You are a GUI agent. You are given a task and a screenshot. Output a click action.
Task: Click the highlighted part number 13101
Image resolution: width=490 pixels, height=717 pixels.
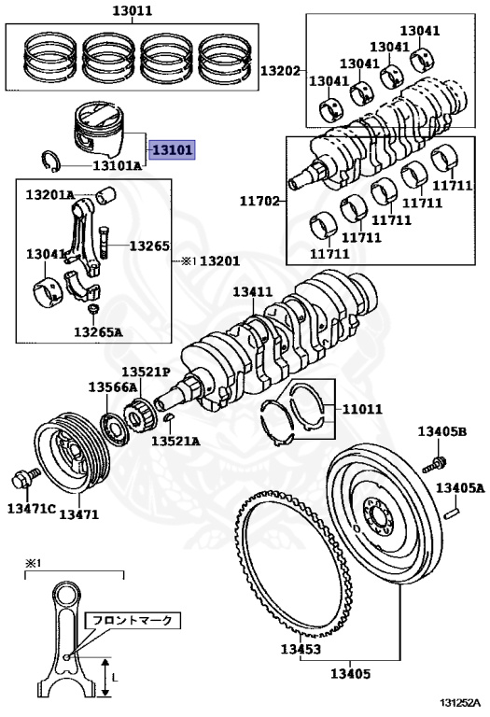click(174, 149)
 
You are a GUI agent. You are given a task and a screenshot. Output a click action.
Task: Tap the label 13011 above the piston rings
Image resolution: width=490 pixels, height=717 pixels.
click(133, 10)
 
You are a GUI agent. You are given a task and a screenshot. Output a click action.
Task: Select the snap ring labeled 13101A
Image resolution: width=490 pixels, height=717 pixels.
click(49, 161)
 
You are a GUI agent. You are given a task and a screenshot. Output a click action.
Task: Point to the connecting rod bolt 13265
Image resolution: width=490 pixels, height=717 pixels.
click(105, 243)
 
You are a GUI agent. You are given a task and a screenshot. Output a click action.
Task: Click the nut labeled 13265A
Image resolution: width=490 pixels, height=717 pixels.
click(93, 309)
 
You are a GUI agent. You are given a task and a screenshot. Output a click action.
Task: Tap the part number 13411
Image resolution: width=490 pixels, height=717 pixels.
click(253, 291)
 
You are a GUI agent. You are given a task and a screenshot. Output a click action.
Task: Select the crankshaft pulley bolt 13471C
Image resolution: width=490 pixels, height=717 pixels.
click(24, 478)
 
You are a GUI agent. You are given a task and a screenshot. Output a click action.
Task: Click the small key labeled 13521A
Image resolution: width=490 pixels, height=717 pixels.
click(169, 417)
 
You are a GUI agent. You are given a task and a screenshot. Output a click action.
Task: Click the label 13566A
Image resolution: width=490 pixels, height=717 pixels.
click(112, 387)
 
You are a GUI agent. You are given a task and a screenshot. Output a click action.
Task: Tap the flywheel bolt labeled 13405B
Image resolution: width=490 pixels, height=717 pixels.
click(434, 463)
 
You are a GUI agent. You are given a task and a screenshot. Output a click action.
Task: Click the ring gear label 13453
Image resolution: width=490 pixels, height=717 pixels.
click(301, 649)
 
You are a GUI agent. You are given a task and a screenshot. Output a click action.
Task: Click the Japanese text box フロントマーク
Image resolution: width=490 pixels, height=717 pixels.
click(133, 620)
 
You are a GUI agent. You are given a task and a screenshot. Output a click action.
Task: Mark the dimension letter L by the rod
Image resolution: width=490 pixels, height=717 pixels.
click(114, 676)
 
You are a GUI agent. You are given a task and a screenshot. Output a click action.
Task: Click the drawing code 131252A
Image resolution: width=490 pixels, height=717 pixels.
click(460, 702)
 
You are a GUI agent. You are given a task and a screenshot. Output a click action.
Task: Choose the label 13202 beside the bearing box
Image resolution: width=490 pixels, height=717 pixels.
click(280, 71)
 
